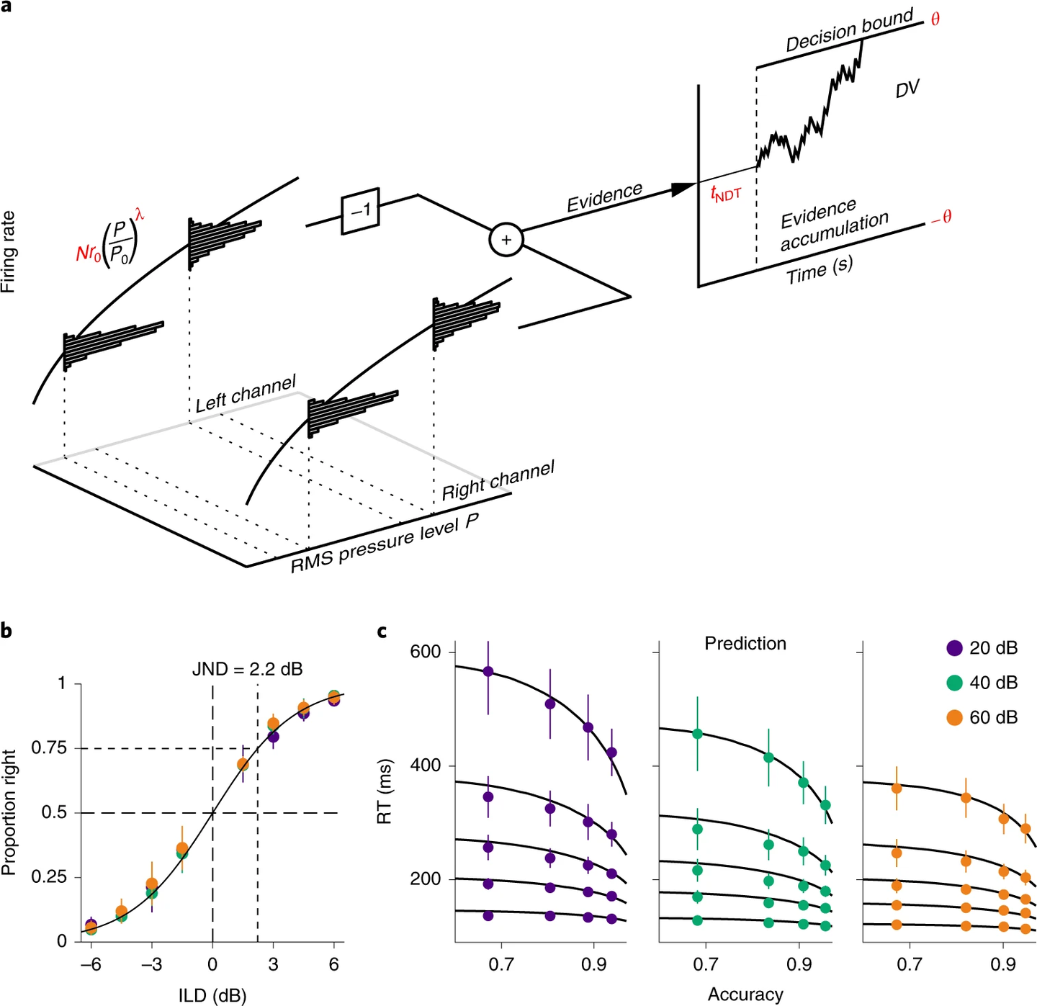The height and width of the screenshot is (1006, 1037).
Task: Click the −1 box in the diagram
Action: [360, 210]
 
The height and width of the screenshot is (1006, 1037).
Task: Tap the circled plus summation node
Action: [506, 240]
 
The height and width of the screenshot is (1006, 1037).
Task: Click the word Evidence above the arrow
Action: [604, 197]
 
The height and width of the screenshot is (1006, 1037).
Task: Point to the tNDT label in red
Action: [725, 193]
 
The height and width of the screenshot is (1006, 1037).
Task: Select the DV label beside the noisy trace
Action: [907, 89]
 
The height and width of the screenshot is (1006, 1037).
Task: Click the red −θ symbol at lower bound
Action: [941, 217]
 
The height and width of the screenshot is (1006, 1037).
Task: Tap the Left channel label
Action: [246, 393]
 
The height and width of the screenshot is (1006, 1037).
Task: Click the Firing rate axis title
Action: [9, 251]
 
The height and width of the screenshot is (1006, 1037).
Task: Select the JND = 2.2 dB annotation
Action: [247, 669]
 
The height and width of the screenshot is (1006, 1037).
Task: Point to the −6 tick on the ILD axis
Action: [90, 964]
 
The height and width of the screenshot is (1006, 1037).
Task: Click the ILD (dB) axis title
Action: [212, 996]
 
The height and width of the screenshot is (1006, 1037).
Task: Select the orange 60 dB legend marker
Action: [954, 717]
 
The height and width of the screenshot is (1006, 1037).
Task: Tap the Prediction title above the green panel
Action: [745, 643]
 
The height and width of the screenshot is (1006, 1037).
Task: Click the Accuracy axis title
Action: [745, 994]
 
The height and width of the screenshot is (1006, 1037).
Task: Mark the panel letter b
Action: [6, 632]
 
